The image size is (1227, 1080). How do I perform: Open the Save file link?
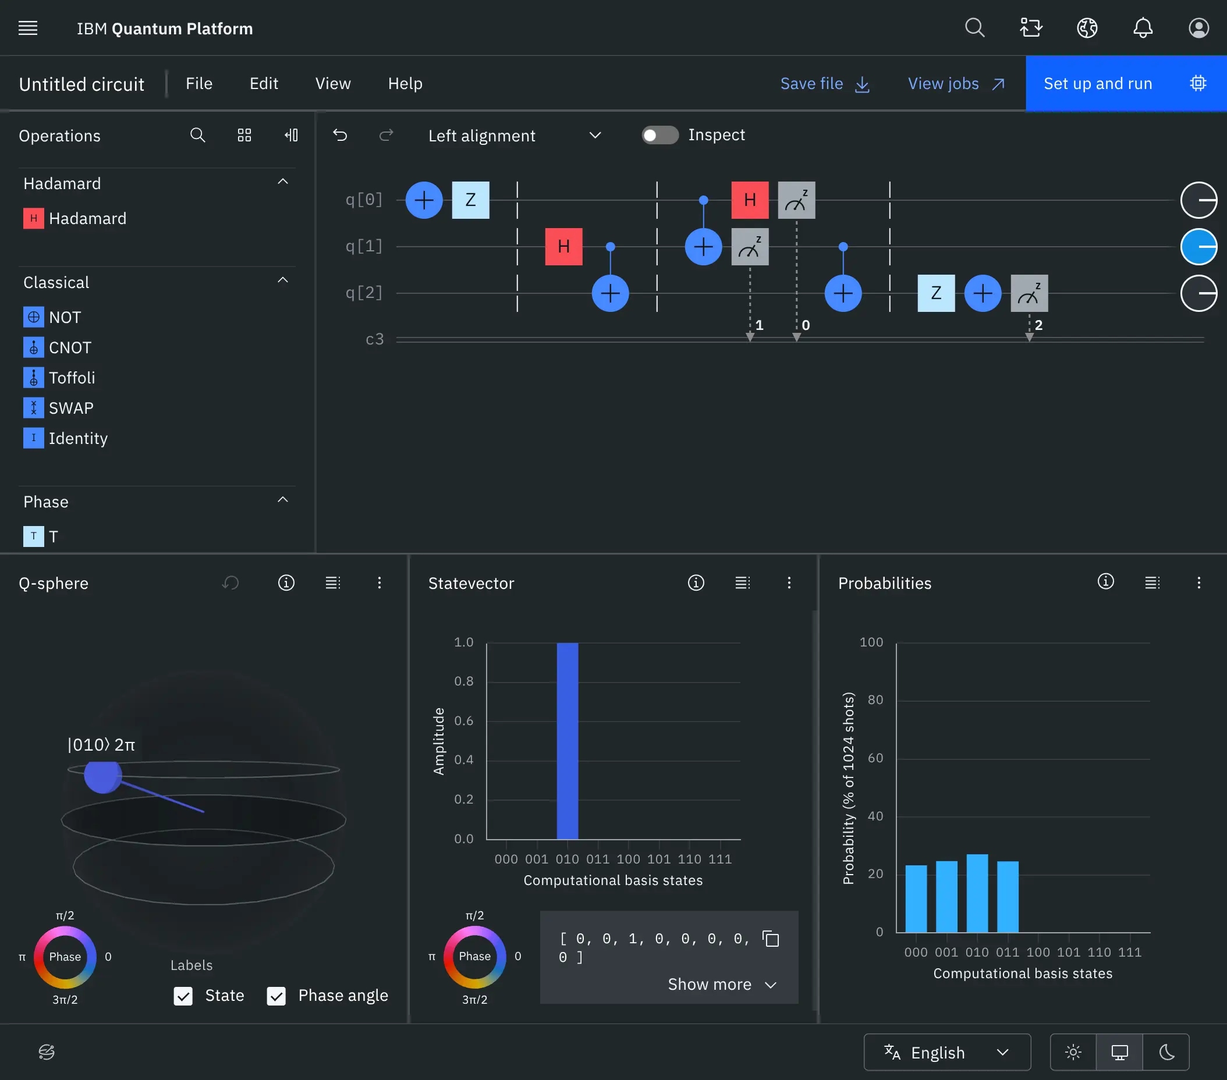tap(824, 83)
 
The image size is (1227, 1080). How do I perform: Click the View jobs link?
tap(956, 83)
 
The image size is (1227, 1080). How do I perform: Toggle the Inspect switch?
tap(659, 135)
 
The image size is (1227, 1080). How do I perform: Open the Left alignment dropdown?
tap(514, 136)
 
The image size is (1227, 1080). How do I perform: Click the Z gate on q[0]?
tap(470, 200)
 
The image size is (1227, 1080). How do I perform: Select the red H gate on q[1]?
tap(563, 246)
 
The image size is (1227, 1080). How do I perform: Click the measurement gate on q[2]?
tap(1029, 293)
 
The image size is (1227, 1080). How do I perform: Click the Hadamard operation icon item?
tap(34, 218)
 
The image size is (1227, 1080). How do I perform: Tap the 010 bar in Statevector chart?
tap(567, 740)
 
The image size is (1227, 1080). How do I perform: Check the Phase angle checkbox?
tap(276, 996)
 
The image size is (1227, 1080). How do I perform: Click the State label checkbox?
tap(183, 996)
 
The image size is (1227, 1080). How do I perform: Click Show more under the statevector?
tap(722, 984)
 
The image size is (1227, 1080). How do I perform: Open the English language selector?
tap(946, 1052)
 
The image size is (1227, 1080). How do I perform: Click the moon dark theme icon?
tap(1166, 1052)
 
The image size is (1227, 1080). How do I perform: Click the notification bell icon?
tap(1143, 28)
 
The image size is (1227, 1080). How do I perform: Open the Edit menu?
tap(264, 83)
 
